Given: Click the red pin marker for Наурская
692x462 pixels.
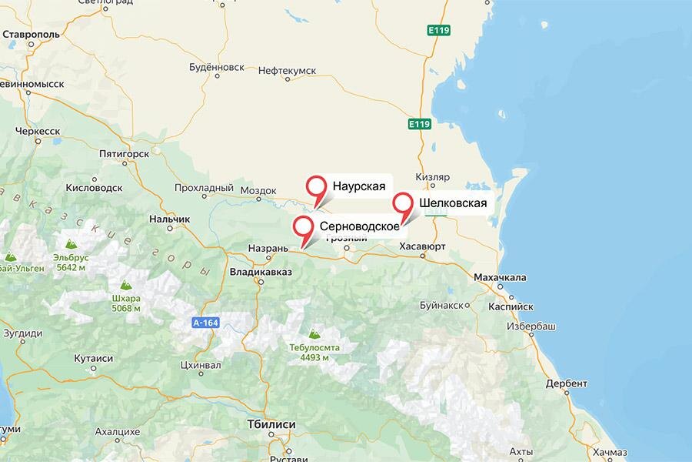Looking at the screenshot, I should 316,188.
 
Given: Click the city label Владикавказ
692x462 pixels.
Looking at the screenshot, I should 261,272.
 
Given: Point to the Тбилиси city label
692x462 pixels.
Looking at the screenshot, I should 271,424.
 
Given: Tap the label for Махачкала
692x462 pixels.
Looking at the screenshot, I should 500,277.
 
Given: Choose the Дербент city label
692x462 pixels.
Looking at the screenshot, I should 566,383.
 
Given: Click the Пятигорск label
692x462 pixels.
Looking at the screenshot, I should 123,153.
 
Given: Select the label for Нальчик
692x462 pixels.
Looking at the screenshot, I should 169,219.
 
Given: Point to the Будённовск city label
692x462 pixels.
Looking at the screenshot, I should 216,67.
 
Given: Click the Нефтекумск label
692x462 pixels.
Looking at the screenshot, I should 288,70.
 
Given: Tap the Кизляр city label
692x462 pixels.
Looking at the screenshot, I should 431,176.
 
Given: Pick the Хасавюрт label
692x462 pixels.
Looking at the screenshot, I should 423,246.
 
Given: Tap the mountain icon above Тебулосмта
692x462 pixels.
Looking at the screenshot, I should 314,334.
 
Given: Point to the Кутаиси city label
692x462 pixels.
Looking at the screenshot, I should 93,359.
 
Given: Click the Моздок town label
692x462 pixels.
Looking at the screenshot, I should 258,190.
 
